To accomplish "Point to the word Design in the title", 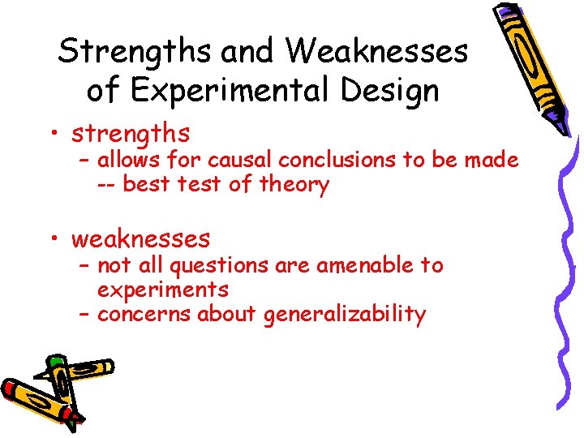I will tap(391, 90).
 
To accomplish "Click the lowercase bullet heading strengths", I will tap(131, 132).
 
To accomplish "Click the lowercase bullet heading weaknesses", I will tap(140, 238).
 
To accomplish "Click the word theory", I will tap(294, 185).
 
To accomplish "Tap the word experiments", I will tap(162, 290).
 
